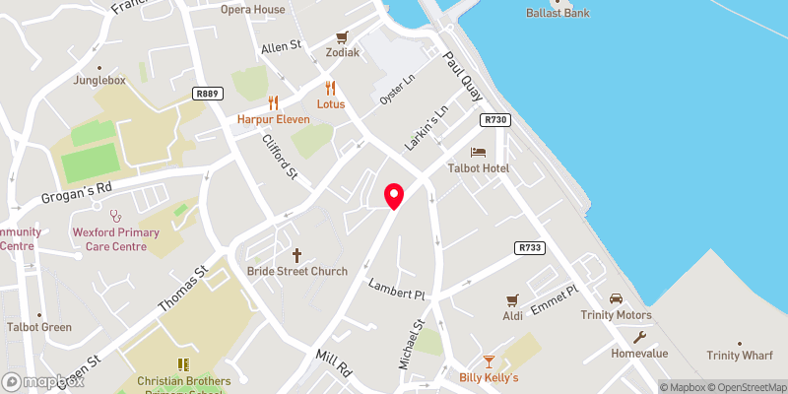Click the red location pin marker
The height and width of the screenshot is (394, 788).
394,195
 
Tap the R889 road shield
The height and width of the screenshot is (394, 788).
207,94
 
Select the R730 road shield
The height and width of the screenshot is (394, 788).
494,119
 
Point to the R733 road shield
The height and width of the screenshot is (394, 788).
528,248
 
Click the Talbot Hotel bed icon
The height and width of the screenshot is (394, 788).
478,153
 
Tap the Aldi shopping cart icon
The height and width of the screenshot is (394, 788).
511,298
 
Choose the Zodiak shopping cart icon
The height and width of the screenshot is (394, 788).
342,36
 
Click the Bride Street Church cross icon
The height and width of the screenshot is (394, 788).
296,254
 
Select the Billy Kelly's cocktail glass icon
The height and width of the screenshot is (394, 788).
489,361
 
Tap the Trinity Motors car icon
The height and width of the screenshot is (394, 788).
616,298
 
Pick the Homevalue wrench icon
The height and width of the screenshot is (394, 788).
640,337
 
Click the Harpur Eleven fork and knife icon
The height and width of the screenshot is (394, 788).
273,102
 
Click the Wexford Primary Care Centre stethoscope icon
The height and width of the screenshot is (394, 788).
114,213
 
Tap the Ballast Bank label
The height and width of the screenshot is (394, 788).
558,14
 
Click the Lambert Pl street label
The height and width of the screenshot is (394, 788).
396,290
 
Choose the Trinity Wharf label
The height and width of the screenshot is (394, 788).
740,356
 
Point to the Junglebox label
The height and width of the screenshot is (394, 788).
98,81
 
